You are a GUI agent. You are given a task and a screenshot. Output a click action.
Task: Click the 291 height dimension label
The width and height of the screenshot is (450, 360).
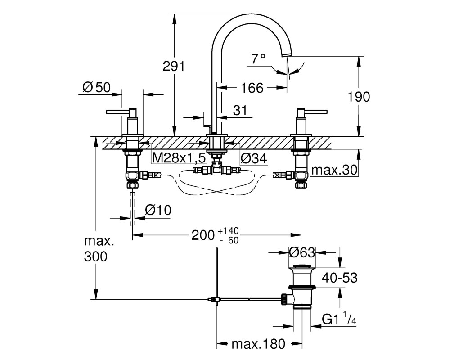click(x=174, y=67)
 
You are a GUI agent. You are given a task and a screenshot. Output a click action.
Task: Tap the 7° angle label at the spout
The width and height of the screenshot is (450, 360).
click(x=258, y=59)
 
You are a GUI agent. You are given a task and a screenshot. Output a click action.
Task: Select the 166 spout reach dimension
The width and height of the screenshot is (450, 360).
click(x=252, y=88)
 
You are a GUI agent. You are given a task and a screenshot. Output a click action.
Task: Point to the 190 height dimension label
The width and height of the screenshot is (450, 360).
click(x=359, y=97)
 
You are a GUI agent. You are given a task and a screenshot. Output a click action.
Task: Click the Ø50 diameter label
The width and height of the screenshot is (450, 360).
click(x=96, y=87)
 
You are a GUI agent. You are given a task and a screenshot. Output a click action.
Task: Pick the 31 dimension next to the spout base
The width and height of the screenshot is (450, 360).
click(x=240, y=111)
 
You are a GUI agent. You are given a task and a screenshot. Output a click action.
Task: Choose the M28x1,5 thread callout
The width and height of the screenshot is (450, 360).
click(x=179, y=158)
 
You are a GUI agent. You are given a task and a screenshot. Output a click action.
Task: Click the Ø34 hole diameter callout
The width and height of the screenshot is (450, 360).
click(x=254, y=158)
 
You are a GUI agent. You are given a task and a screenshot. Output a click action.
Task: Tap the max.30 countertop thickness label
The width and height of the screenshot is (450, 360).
click(x=335, y=170)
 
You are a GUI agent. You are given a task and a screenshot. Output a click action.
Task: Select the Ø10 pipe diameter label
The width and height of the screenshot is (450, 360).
click(x=158, y=210)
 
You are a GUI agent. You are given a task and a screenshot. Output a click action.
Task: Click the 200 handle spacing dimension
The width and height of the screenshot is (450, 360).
click(x=203, y=235)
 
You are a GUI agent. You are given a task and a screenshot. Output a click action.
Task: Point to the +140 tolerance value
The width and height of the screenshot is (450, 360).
click(x=228, y=230)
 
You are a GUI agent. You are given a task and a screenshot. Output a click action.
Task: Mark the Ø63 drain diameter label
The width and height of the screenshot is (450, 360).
click(x=302, y=252)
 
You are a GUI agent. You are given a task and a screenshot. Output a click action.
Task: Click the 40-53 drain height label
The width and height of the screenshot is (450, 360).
click(x=340, y=278)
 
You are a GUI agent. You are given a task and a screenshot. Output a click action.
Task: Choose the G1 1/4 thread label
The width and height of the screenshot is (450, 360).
click(x=339, y=319)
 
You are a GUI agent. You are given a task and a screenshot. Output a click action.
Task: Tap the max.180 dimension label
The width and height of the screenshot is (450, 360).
click(x=258, y=344)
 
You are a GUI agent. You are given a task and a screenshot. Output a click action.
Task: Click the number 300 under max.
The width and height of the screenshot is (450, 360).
click(x=95, y=256)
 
